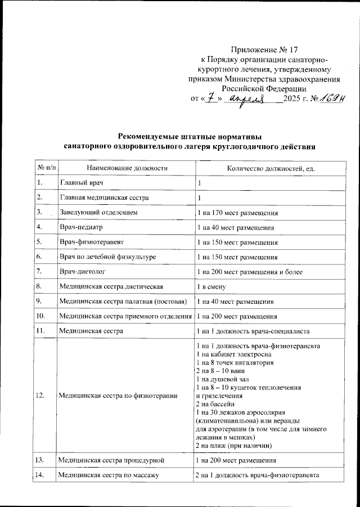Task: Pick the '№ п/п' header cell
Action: [45, 168]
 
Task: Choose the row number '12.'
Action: [40, 396]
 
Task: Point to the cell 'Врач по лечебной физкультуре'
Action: [108, 257]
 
